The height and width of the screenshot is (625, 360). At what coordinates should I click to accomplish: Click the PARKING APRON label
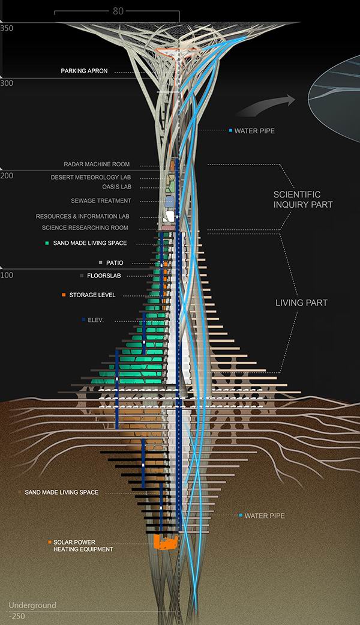point(84,71)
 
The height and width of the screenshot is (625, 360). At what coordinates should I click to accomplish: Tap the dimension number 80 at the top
point(118,11)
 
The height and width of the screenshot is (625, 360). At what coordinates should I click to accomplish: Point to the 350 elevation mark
point(7,28)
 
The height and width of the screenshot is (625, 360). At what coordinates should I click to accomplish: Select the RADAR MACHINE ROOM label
point(97,165)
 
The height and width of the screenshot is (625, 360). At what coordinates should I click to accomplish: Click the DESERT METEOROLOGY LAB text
point(91,177)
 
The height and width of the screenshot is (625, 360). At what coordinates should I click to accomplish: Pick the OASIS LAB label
point(116,187)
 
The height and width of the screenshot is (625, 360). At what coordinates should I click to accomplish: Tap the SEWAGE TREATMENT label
point(101,201)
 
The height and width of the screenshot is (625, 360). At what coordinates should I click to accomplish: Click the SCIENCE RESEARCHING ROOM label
point(85,228)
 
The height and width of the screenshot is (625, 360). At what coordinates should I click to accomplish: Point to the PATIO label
point(115,263)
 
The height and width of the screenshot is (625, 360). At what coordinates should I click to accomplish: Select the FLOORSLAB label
point(104,276)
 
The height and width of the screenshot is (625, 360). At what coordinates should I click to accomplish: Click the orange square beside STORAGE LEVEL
point(64,295)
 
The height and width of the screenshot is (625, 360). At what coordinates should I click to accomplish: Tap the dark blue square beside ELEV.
point(83,319)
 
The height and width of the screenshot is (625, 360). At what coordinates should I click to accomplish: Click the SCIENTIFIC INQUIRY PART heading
point(303,200)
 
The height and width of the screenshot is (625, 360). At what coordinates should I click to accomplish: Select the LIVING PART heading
point(301,303)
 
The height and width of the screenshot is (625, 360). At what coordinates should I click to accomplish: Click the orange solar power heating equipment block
point(166,542)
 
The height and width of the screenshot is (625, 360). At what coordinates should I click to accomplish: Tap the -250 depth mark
point(17,616)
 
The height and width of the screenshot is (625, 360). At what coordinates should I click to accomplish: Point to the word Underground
point(32,605)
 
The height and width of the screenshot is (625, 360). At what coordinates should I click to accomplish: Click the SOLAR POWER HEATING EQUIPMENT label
point(83,546)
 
